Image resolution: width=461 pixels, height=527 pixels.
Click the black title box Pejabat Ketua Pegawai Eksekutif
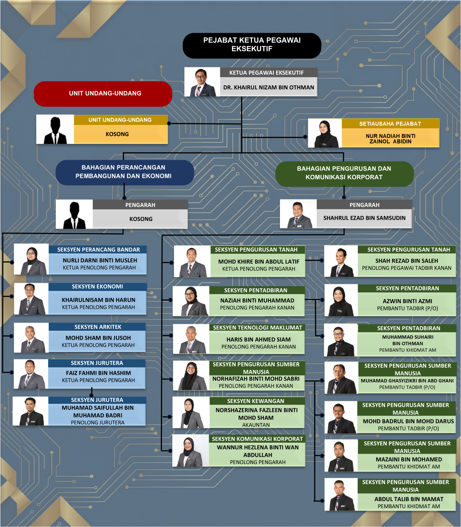(x=252, y=45)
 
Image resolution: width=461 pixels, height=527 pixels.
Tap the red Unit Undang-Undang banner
(x=103, y=94)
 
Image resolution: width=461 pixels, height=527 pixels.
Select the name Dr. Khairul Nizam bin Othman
(x=268, y=87)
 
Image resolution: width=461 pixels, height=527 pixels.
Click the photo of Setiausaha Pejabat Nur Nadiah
(x=325, y=133)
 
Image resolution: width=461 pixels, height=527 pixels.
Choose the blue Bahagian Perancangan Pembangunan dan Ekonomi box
(x=125, y=172)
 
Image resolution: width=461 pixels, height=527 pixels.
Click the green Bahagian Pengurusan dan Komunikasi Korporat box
(x=344, y=174)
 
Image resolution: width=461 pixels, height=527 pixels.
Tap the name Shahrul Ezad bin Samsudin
(x=364, y=218)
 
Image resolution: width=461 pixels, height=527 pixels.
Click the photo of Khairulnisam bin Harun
(x=31, y=299)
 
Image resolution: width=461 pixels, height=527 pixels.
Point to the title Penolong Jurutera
(x=98, y=423)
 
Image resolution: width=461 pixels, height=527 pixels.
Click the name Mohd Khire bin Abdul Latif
(x=259, y=262)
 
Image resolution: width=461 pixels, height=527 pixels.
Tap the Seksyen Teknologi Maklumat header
(x=257, y=327)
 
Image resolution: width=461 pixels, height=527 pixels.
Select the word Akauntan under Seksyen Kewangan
(x=256, y=425)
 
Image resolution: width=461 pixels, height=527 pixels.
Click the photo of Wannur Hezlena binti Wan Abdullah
(x=191, y=450)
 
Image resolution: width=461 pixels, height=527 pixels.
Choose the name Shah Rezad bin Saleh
(x=406, y=261)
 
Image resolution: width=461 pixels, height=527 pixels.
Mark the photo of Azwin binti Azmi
(x=341, y=300)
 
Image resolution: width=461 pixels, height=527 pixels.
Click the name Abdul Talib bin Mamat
(x=409, y=499)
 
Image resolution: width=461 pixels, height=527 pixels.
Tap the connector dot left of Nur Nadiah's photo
(x=305, y=137)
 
